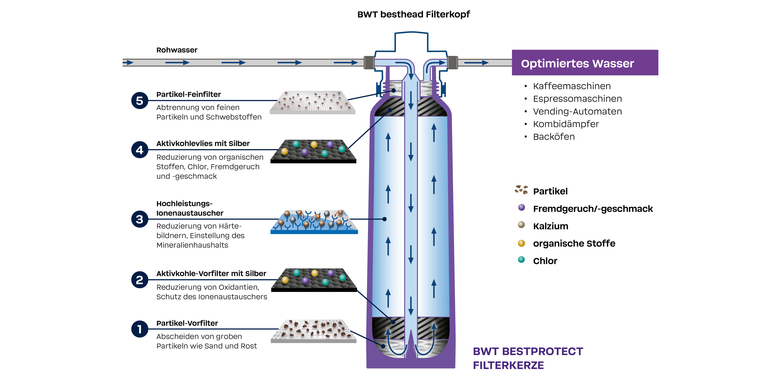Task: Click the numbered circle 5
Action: pyautogui.click(x=139, y=100)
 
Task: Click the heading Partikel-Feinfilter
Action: pyautogui.click(x=188, y=94)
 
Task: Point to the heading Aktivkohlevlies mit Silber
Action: pyautogui.click(x=203, y=144)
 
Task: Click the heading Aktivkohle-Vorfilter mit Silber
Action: pyautogui.click(x=211, y=274)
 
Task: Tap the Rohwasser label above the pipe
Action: pyautogui.click(x=177, y=50)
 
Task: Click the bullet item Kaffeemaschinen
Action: pyautogui.click(x=571, y=86)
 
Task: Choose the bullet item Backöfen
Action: pyautogui.click(x=554, y=137)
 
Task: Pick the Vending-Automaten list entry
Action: pyautogui.click(x=577, y=111)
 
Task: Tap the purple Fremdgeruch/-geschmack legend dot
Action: pyautogui.click(x=521, y=207)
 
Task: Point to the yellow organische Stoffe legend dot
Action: pyautogui.click(x=521, y=243)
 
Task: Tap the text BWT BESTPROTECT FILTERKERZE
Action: pyautogui.click(x=528, y=358)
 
